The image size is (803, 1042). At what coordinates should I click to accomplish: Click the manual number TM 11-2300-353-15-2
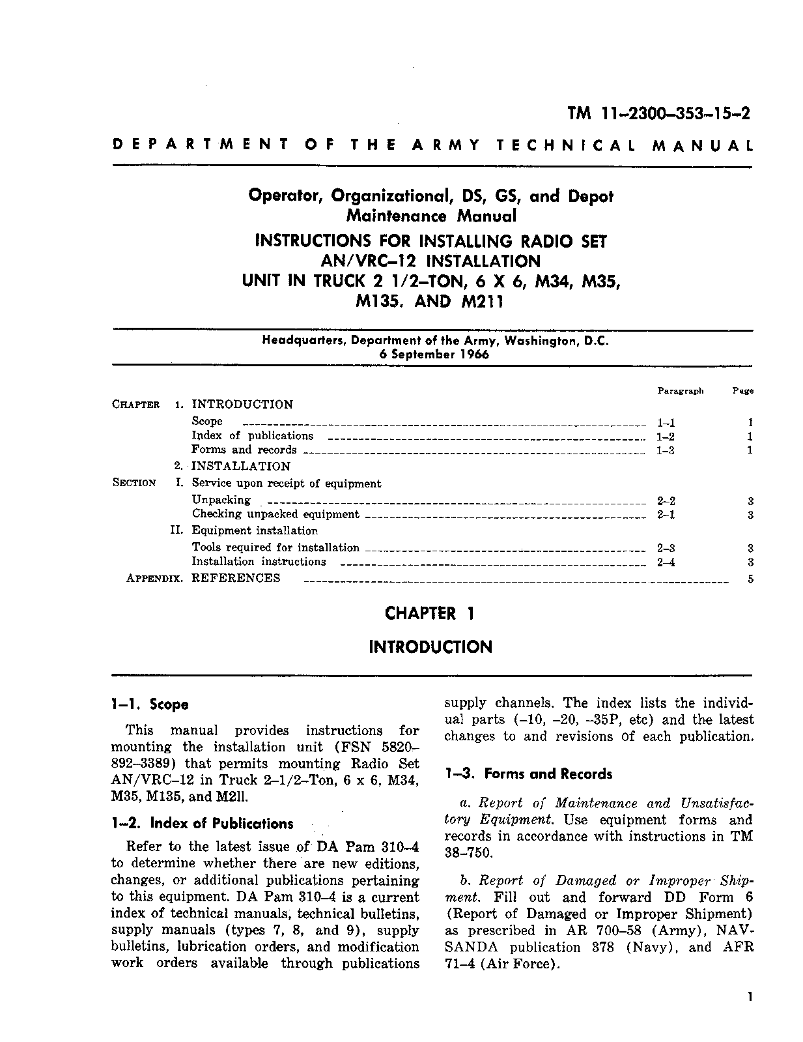point(658,113)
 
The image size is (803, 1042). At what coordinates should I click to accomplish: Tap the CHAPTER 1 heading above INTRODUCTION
point(429,613)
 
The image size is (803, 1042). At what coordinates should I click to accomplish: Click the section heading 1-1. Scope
point(150,704)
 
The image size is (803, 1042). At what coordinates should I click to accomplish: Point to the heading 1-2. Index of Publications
point(202,824)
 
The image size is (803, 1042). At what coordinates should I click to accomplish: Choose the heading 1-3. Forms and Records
point(529,774)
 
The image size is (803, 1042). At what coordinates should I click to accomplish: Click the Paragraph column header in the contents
point(680,391)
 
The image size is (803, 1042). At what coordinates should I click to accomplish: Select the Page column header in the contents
point(742,391)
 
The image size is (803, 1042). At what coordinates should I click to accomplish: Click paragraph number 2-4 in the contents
point(666,562)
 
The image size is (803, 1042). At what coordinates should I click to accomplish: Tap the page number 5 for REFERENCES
point(750,579)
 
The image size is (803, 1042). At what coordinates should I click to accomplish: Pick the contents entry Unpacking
point(221,500)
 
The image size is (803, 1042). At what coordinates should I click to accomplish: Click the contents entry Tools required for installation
point(275,547)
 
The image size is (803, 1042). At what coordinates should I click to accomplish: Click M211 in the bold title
point(481,302)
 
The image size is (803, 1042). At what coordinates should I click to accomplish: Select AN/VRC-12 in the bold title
point(365,261)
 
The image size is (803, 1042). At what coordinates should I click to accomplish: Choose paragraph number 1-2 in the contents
point(666,437)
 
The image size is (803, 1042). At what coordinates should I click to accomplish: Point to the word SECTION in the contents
point(134,483)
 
